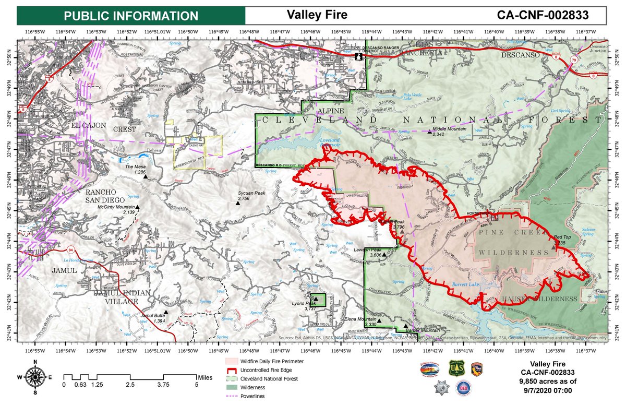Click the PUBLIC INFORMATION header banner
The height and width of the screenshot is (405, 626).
click(x=131, y=15)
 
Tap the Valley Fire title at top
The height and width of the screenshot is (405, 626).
click(x=317, y=15)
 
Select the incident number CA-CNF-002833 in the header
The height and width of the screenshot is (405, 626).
click(x=543, y=15)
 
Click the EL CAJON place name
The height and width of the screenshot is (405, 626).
click(x=89, y=125)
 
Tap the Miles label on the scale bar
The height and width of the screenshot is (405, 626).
click(x=204, y=376)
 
